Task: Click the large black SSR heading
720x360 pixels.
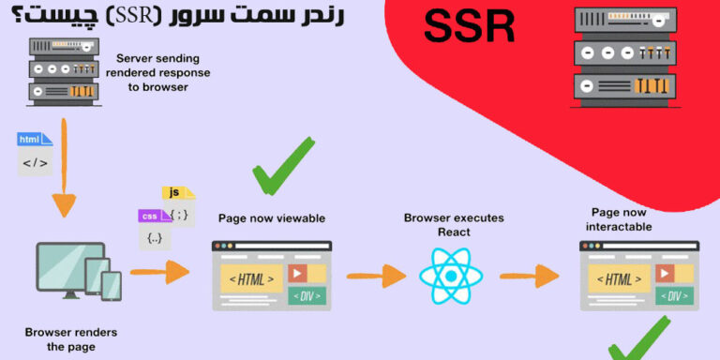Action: tap(469, 27)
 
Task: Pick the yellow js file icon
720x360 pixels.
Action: tap(178, 193)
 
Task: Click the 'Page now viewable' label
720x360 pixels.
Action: tap(271, 218)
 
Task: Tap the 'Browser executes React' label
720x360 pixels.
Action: tap(453, 224)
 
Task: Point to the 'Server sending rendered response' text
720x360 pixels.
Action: tap(164, 73)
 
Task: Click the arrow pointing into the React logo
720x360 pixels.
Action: tap(376, 276)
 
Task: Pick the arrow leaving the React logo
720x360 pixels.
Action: tap(528, 276)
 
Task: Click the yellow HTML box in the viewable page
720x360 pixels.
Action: tap(250, 278)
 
